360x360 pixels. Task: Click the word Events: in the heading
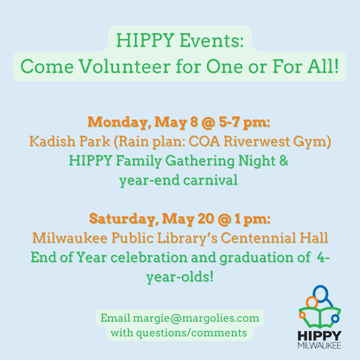coord(211,41)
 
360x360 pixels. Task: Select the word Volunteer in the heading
coord(125,67)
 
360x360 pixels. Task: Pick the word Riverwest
coord(256,141)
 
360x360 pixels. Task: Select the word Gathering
coord(200,161)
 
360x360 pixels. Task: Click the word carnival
coord(210,180)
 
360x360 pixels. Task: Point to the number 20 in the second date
coord(206,219)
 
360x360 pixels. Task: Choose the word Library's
coord(187,238)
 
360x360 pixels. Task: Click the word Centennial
coord(258,238)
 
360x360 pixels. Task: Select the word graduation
coord(256,258)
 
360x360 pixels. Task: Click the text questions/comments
coord(192,333)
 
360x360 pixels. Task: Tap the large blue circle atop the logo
coord(321,294)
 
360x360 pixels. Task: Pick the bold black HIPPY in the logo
coord(320,336)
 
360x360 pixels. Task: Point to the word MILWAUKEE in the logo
coord(319,346)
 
